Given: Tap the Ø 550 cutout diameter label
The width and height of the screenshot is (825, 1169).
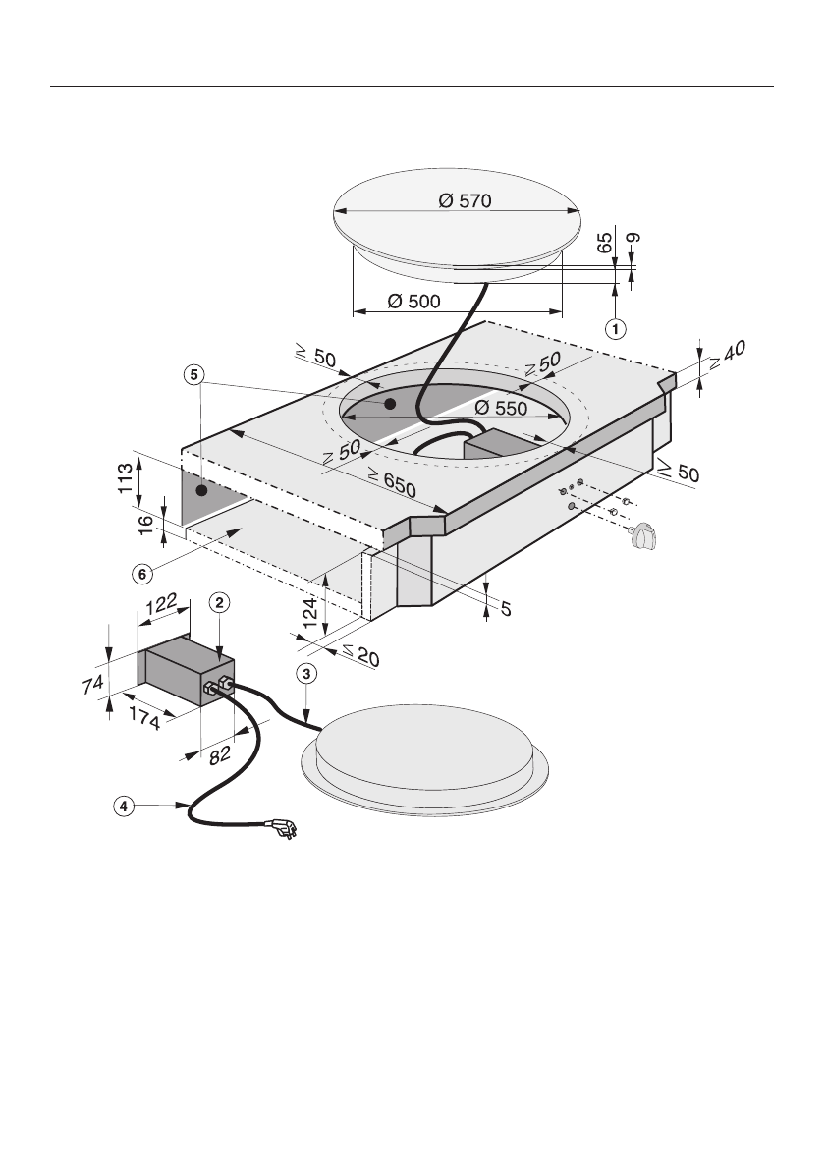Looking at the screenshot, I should [x=501, y=408].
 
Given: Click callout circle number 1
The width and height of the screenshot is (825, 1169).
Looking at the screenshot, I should [x=615, y=329].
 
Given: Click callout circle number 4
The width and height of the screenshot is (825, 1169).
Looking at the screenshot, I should [x=123, y=807].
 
